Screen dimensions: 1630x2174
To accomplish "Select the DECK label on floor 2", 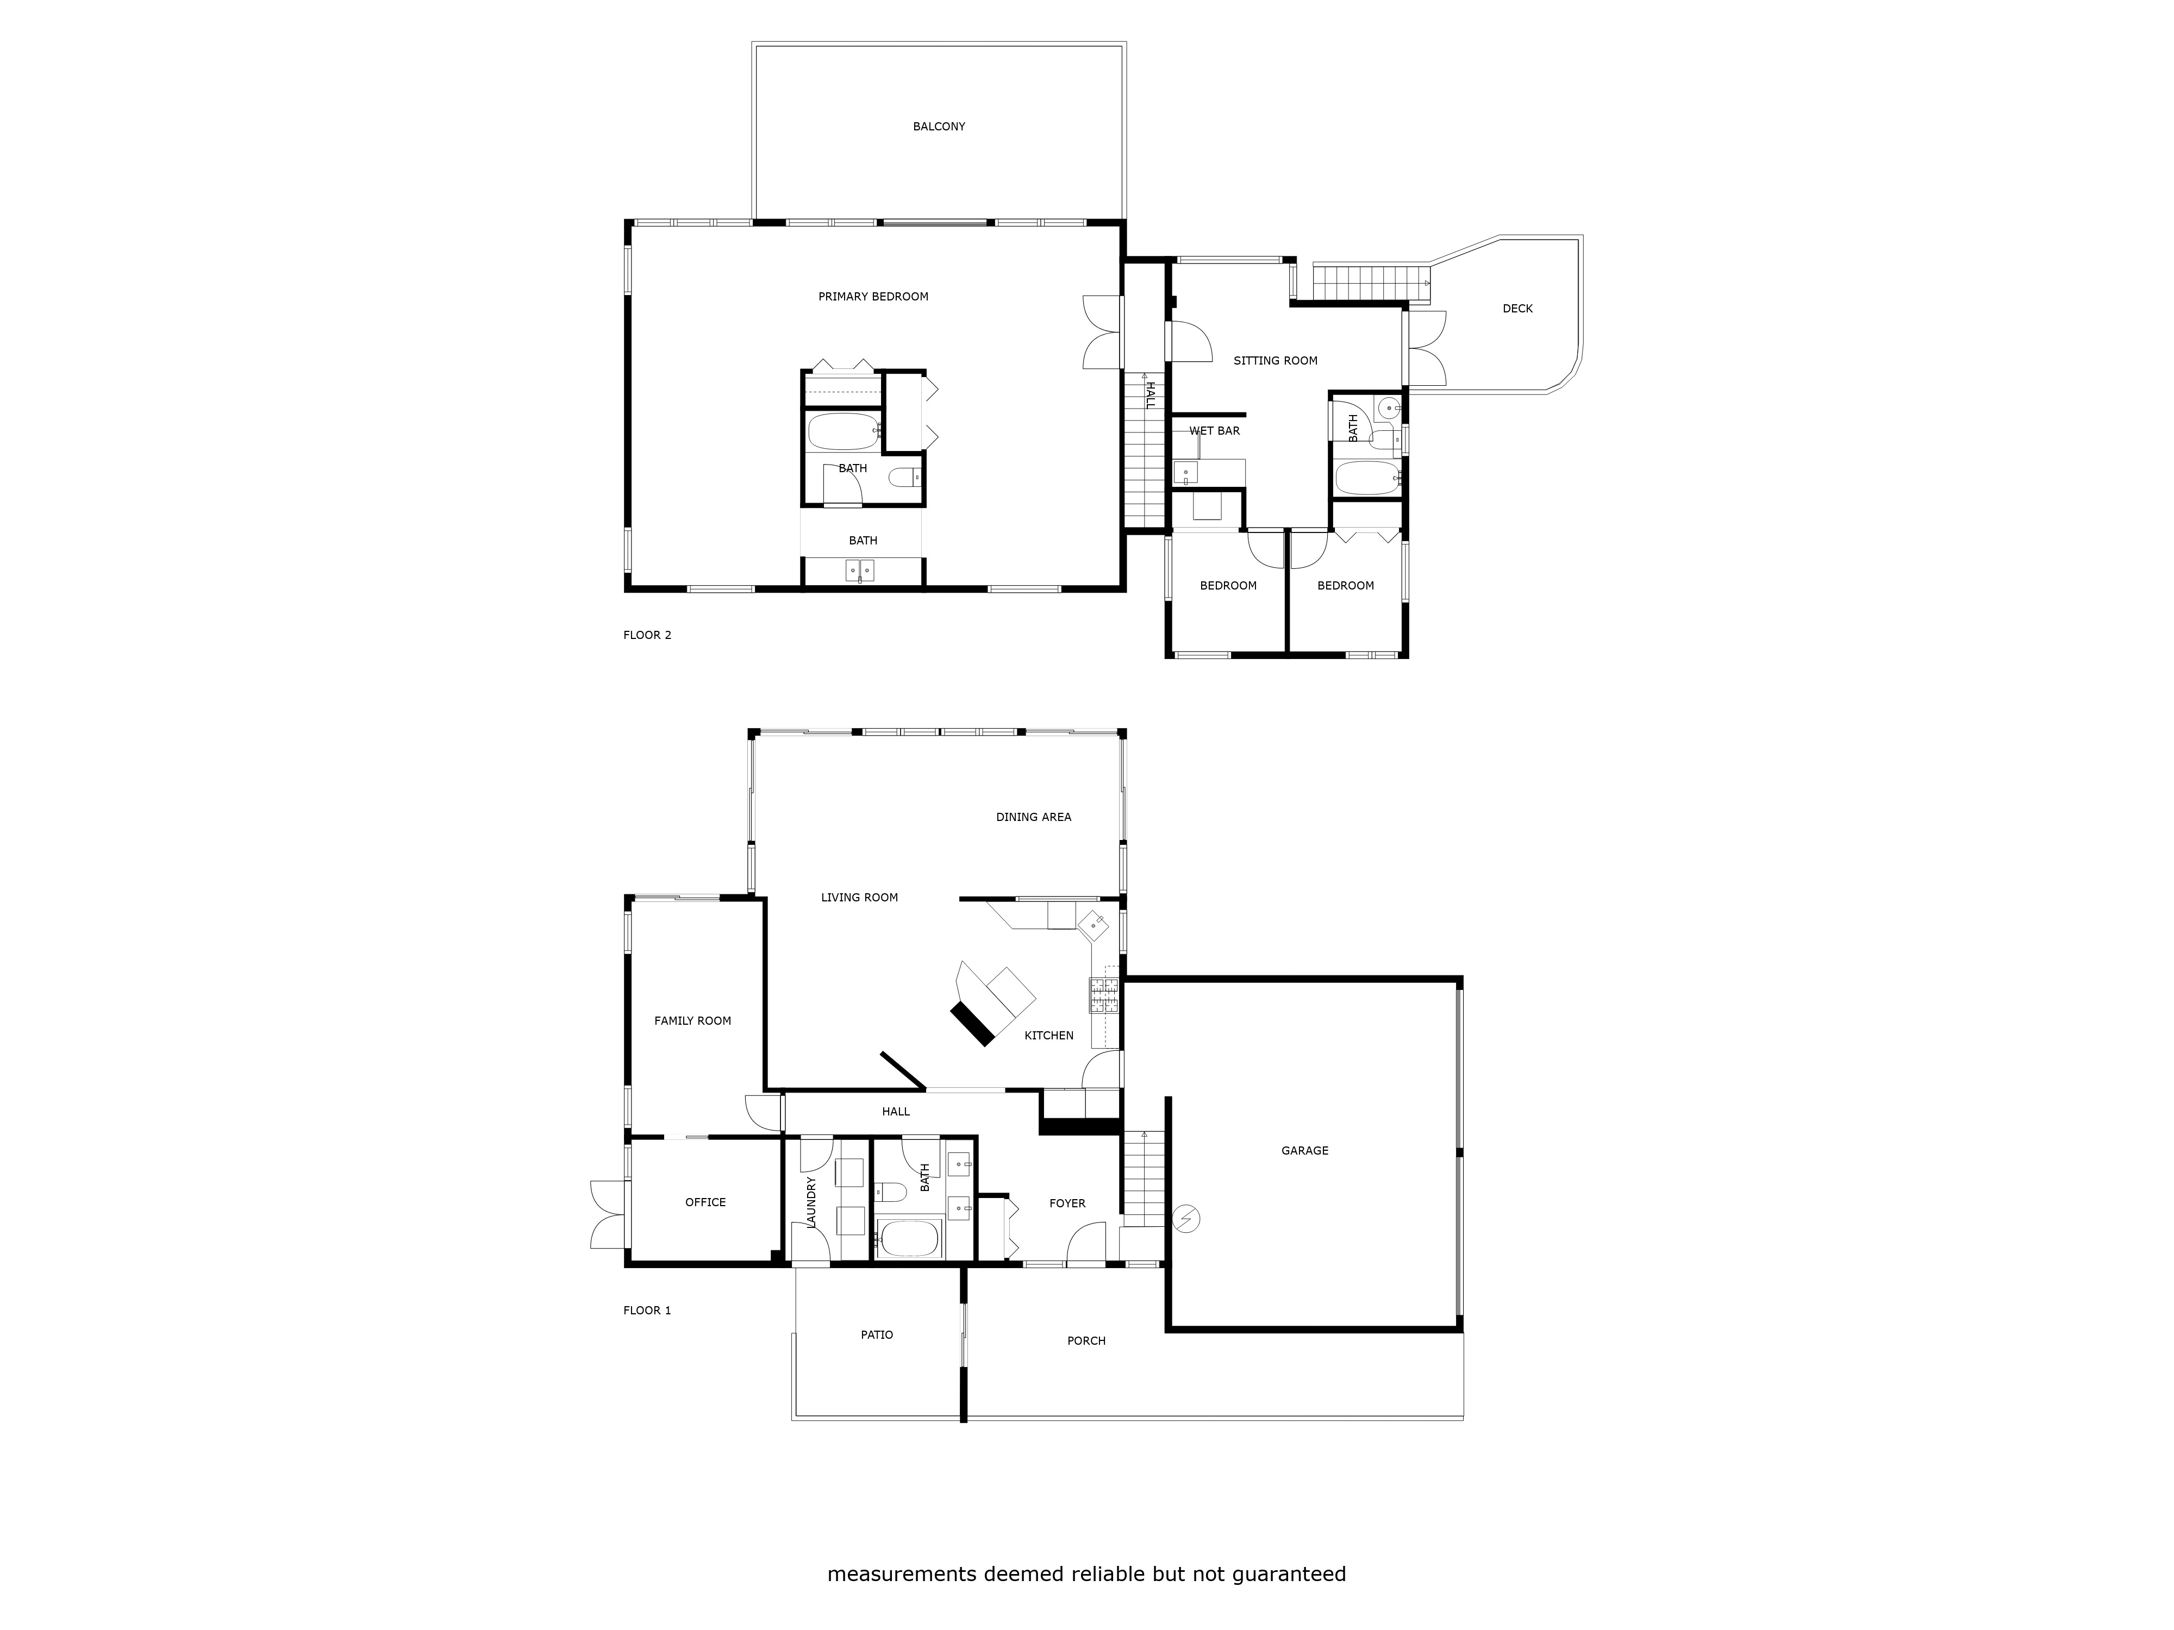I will click(x=1516, y=309).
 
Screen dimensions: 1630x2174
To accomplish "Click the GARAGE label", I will click(x=1304, y=1151).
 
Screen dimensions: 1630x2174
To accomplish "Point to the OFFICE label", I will click(x=705, y=1202).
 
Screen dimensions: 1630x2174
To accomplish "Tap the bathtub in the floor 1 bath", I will click(x=909, y=1238).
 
